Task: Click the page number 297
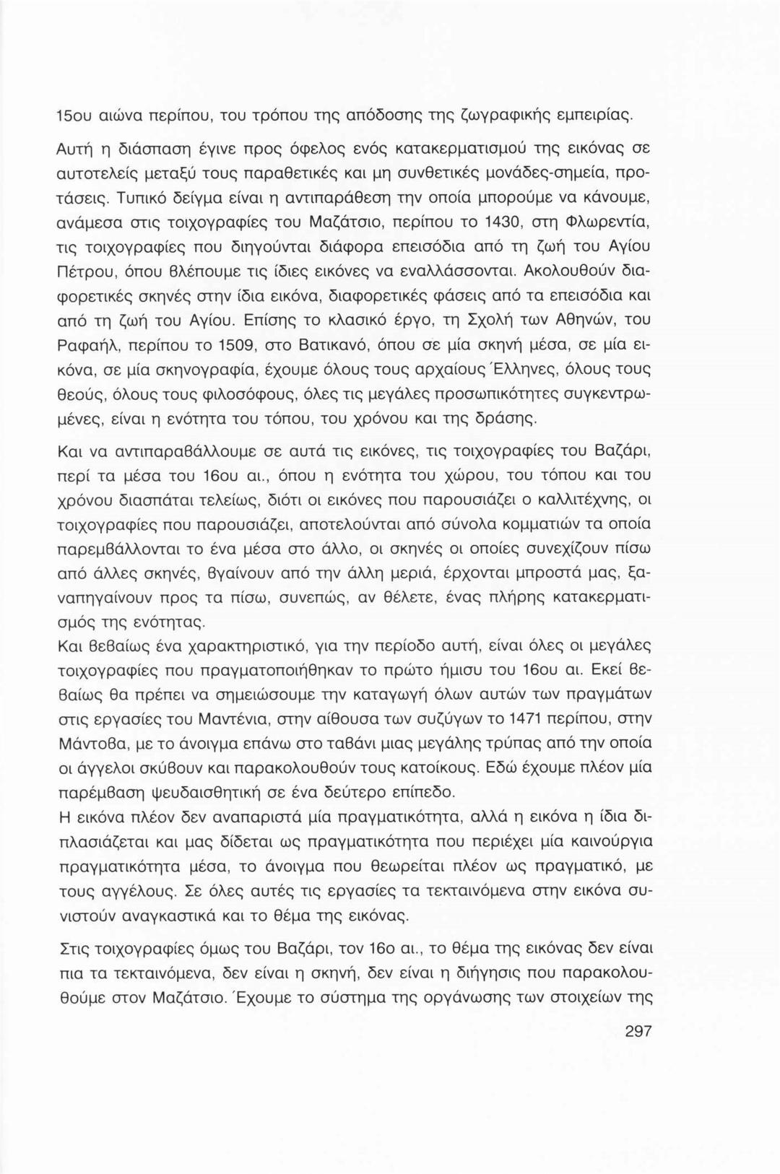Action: (x=638, y=1031)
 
